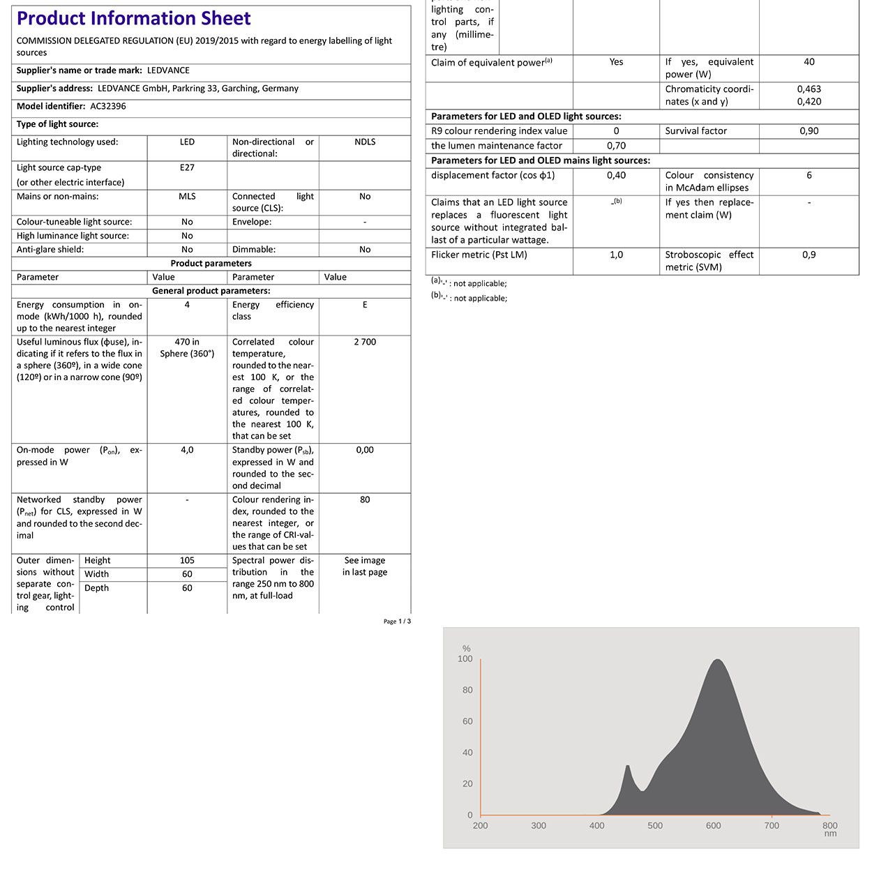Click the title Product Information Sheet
(x=133, y=19)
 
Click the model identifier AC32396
(x=108, y=107)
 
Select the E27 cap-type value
(x=187, y=168)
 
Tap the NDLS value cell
(x=365, y=142)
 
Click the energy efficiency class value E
(x=365, y=305)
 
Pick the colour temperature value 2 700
(x=365, y=342)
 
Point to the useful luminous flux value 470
(x=187, y=342)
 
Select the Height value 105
(x=187, y=561)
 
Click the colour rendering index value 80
(x=365, y=500)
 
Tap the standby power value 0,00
(x=365, y=450)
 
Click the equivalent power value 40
(x=809, y=62)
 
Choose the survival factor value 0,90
(x=809, y=131)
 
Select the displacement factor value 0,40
(x=616, y=176)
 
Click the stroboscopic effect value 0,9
(x=809, y=255)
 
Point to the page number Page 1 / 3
(x=397, y=622)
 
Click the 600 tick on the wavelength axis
(x=713, y=826)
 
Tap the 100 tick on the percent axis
(x=465, y=659)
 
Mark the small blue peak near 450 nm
(x=628, y=767)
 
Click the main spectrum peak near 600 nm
(x=717, y=661)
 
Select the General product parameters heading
(x=211, y=291)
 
